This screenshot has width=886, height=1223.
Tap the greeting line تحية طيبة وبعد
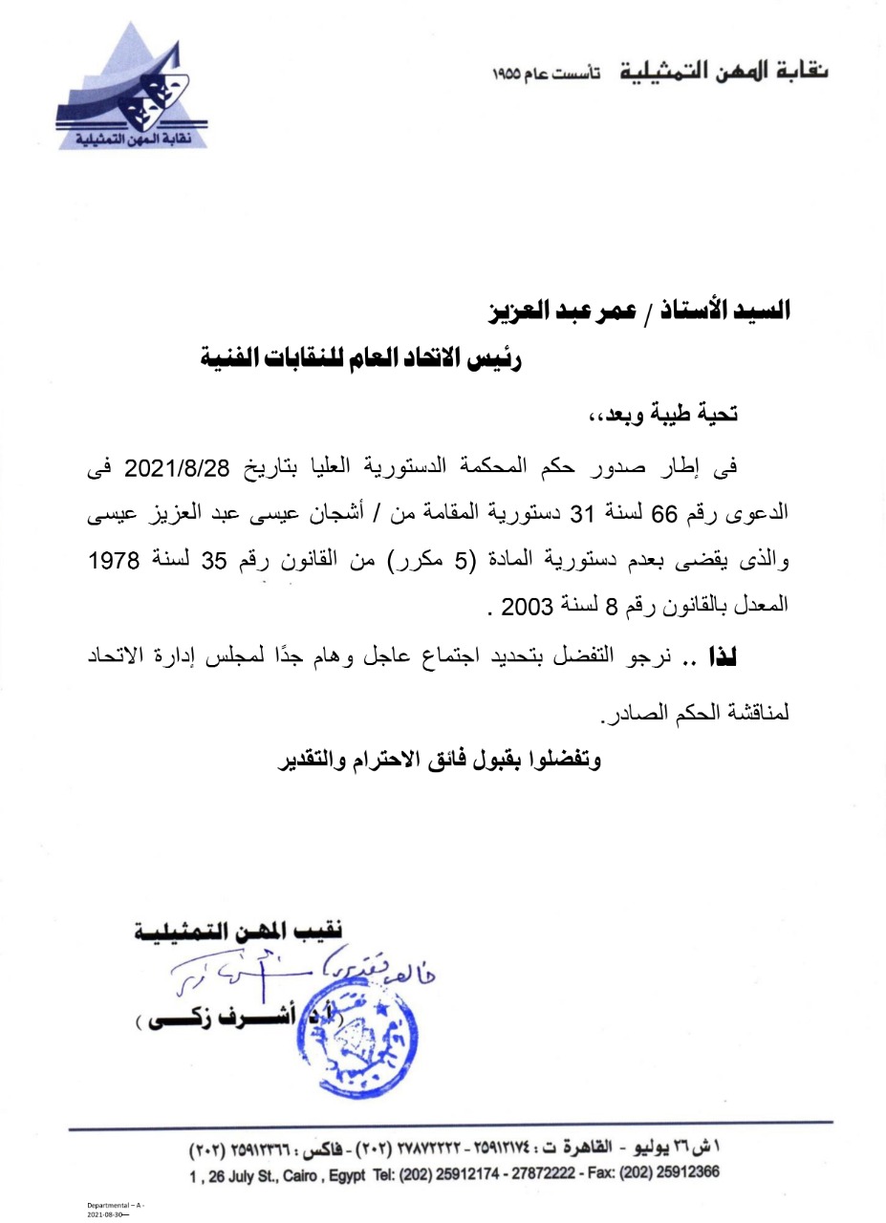coord(664,414)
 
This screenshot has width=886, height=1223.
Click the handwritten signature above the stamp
coord(306,974)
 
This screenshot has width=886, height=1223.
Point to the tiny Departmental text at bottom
coord(113,1206)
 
